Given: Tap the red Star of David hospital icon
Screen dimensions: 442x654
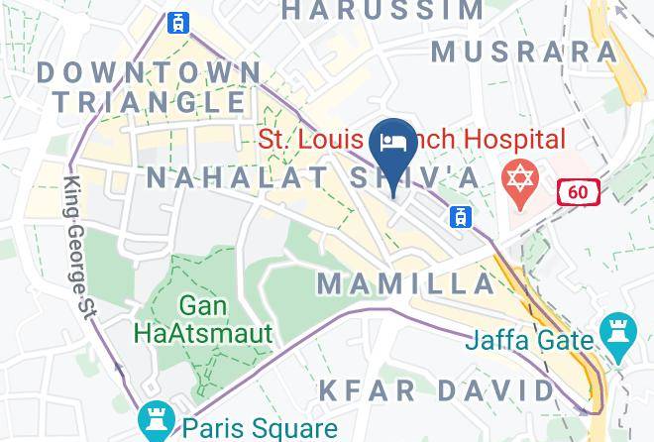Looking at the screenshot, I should tap(520, 179).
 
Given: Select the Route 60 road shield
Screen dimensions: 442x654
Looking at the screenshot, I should tap(578, 192).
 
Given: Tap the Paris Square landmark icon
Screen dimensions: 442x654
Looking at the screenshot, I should tap(156, 420).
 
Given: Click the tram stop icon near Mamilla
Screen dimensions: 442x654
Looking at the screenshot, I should tap(460, 216).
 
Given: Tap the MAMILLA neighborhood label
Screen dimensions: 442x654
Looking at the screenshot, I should tap(405, 283).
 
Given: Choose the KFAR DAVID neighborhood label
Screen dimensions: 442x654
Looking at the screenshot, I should tap(436, 389).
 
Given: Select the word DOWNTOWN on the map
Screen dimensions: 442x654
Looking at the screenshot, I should tap(149, 71).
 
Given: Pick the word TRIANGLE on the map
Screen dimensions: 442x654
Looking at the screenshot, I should tap(149, 101).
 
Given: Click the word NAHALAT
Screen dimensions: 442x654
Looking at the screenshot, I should tap(237, 177).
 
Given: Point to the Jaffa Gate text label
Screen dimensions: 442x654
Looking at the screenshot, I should tap(531, 341).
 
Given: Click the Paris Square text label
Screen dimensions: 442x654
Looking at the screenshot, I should tap(261, 428).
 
